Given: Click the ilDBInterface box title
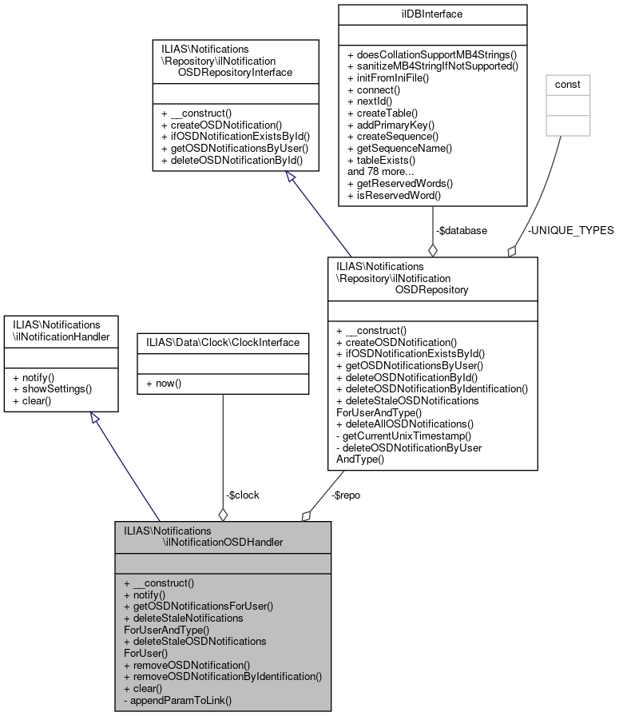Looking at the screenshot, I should click(433, 14).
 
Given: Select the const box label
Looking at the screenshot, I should click(567, 84).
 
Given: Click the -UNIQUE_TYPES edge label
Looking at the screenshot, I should click(570, 230).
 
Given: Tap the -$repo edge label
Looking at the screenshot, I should click(345, 495).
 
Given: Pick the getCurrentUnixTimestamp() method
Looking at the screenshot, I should click(404, 436).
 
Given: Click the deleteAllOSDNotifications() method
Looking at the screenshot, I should click(405, 424).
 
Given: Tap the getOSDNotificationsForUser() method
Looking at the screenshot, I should click(199, 606).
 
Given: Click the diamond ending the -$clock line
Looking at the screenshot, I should click(223, 513).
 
